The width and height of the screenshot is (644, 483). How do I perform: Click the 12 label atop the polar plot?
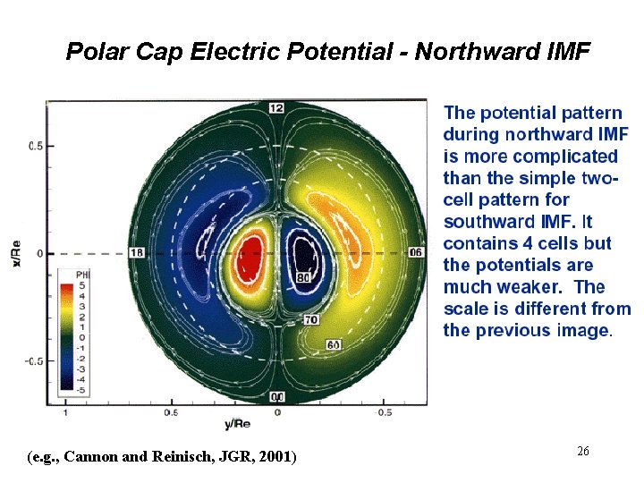pyautogui.click(x=276, y=107)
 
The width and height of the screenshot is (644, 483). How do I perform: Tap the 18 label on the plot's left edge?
pyautogui.click(x=137, y=253)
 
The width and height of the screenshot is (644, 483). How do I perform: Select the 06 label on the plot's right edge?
pyautogui.click(x=416, y=253)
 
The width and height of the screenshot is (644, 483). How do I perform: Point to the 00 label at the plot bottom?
pyautogui.click(x=277, y=396)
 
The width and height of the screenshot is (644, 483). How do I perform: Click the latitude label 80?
pyautogui.click(x=303, y=278)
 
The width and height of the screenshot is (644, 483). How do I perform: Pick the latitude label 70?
pyautogui.click(x=311, y=319)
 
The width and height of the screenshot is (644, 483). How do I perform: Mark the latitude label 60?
pyautogui.click(x=333, y=345)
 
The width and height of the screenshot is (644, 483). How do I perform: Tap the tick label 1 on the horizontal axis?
pyautogui.click(x=64, y=413)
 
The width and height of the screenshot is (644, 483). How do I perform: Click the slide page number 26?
pyautogui.click(x=582, y=452)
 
